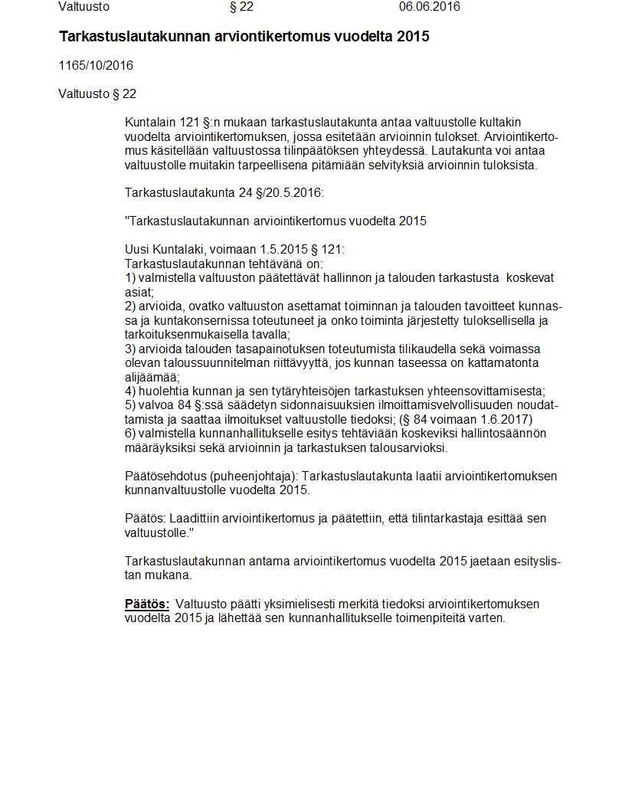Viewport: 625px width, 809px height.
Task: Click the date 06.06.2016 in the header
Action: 429,7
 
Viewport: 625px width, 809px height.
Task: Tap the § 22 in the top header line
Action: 241,7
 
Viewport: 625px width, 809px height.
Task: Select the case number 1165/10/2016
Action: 96,66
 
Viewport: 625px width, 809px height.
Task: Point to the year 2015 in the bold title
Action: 414,37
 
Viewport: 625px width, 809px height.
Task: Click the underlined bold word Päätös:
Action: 147,604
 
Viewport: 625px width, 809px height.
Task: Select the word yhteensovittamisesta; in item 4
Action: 483,391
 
